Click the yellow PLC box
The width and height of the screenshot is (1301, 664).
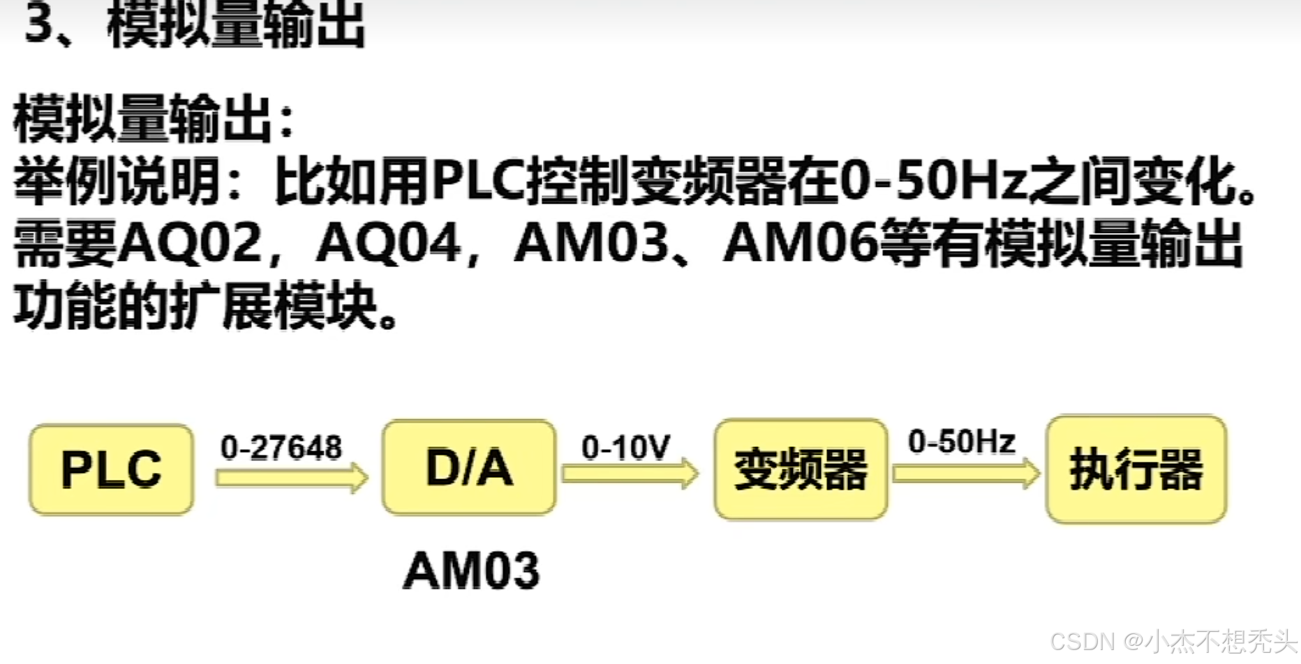pyautogui.click(x=112, y=469)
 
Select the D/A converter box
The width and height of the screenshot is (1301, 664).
pyautogui.click(x=469, y=467)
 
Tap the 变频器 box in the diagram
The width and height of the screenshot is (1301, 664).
pyautogui.click(x=801, y=469)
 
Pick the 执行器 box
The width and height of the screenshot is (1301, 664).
pyautogui.click(x=1136, y=469)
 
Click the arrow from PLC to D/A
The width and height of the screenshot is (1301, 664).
pyautogui.click(x=292, y=478)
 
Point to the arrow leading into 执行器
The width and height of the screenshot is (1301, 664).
pyautogui.click(x=966, y=474)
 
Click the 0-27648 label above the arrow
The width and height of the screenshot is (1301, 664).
pyautogui.click(x=281, y=448)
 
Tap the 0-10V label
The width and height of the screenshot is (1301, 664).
pyautogui.click(x=625, y=447)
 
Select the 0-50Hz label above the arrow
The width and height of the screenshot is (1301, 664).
pyautogui.click(x=961, y=442)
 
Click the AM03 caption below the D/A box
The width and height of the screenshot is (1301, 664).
pyautogui.click(x=472, y=571)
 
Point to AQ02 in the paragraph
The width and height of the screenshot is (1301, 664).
pyautogui.click(x=189, y=243)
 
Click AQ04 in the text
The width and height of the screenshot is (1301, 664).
pyautogui.click(x=388, y=243)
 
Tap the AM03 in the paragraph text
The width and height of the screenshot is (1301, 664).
pyautogui.click(x=590, y=243)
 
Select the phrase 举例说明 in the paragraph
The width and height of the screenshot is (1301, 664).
pyautogui.click(x=117, y=181)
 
